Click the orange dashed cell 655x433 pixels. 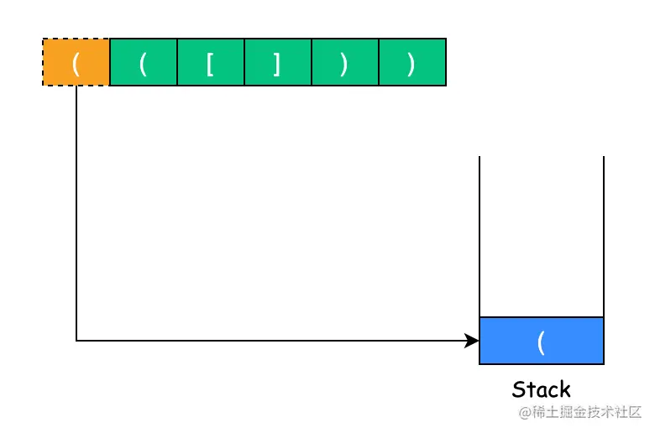point(76,62)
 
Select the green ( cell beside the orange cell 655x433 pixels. point(144,62)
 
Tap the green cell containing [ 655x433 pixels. point(211,62)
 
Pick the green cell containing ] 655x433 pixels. point(278,62)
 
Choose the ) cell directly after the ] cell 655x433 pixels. point(345,62)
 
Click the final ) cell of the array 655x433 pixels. point(412,62)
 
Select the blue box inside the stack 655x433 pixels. point(542,341)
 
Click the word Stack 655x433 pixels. point(541,389)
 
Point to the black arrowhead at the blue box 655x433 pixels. point(472,341)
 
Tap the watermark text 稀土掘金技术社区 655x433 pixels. point(586,412)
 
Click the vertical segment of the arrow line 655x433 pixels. point(76,213)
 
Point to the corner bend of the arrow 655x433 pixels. point(76,341)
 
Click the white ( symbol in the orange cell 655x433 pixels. point(76,65)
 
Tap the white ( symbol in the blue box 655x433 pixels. point(541,343)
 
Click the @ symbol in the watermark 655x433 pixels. point(525,413)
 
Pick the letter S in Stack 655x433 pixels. point(518,389)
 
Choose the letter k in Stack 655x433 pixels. point(565,389)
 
